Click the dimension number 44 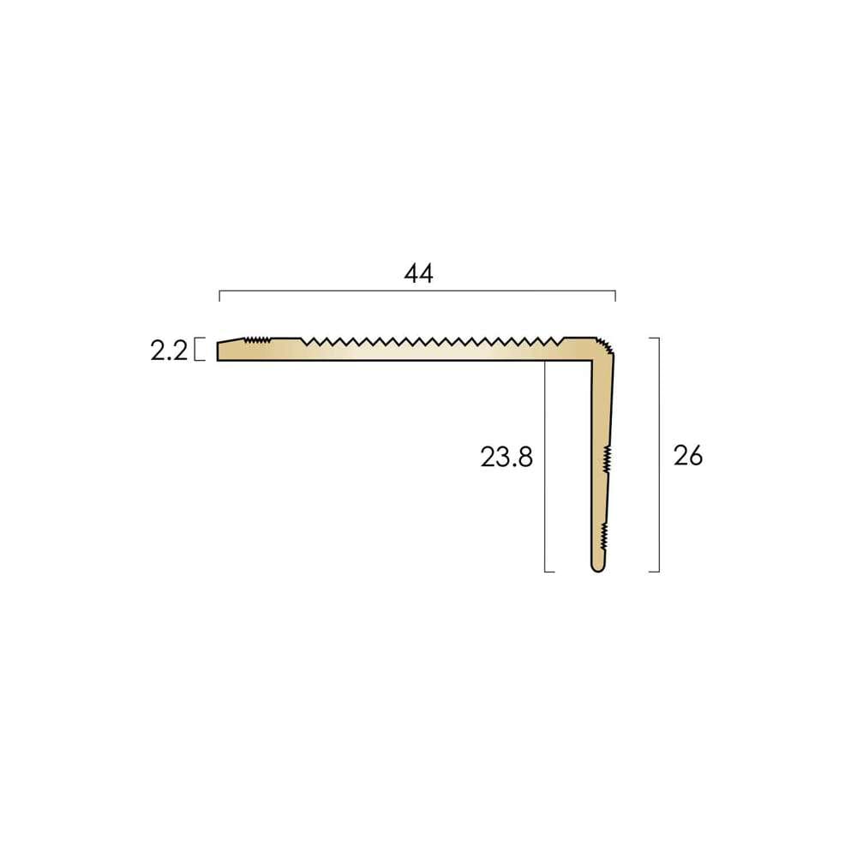419,273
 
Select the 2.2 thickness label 169,351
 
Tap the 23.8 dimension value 506,457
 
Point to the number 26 688,455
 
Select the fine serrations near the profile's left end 257,340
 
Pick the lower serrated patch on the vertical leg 604,536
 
